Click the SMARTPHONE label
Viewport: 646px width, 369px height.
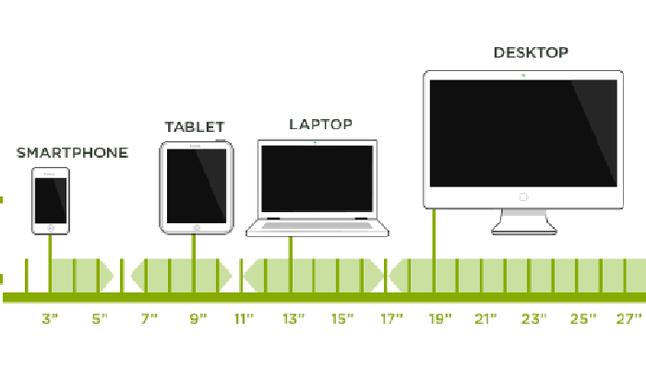pyautogui.click(x=72, y=153)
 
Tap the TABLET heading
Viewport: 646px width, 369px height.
pyautogui.click(x=195, y=127)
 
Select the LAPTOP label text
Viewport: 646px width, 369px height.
pyautogui.click(x=320, y=124)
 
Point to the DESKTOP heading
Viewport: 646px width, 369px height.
pyautogui.click(x=531, y=53)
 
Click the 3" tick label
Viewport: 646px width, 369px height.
pyautogui.click(x=50, y=319)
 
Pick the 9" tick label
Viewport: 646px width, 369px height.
pyautogui.click(x=197, y=319)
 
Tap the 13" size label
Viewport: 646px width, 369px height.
pyautogui.click(x=293, y=319)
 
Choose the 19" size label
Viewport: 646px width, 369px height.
pyautogui.click(x=439, y=319)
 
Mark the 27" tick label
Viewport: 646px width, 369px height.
pyautogui.click(x=628, y=319)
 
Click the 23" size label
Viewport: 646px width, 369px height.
pyautogui.click(x=533, y=319)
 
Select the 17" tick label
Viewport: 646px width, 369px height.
pyautogui.click(x=391, y=319)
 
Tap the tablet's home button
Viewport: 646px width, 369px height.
pyautogui.click(x=196, y=226)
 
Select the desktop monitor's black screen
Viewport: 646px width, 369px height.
pyautogui.click(x=522, y=132)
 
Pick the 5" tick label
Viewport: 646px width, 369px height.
pyautogui.click(x=100, y=319)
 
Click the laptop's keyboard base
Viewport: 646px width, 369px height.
pyautogui.click(x=317, y=228)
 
